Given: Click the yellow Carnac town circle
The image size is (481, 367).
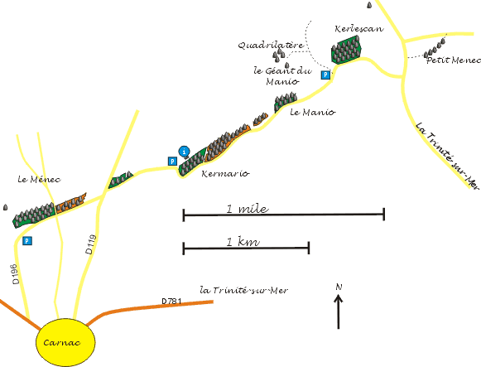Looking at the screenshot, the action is tap(65, 342).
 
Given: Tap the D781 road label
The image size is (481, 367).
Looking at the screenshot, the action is tap(171, 302).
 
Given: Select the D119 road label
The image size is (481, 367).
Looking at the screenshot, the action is tap(91, 244).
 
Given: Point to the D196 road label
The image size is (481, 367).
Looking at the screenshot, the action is tap(16, 274).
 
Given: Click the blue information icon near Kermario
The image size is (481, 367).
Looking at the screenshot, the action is tap(184, 152).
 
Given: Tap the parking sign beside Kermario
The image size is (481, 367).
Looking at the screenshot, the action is tap(173, 161).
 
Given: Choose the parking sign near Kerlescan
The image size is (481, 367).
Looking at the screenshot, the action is tap(325, 75).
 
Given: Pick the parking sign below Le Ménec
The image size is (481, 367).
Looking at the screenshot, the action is tap(27, 240).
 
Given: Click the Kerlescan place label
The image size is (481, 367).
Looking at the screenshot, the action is tap(359, 29).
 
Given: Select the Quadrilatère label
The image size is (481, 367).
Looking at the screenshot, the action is tap(271, 46).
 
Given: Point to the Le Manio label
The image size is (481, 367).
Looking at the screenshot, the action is tap(313, 112).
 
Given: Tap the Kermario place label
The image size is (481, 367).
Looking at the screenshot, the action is tap(225, 174).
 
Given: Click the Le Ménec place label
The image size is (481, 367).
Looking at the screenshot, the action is tap(39, 179).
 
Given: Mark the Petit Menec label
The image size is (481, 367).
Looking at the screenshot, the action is tap(454, 60).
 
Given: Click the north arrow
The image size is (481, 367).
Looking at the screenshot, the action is tap(339, 311).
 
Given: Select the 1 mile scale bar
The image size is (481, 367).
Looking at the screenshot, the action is tap(284, 215).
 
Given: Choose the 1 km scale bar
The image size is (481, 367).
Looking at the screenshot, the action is tap(246, 248).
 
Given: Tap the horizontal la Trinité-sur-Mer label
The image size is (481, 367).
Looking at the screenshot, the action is tap(244, 290).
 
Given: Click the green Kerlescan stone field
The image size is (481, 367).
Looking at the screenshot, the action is tap(346, 50).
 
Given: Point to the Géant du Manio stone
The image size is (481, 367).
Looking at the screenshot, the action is tap(286, 65).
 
